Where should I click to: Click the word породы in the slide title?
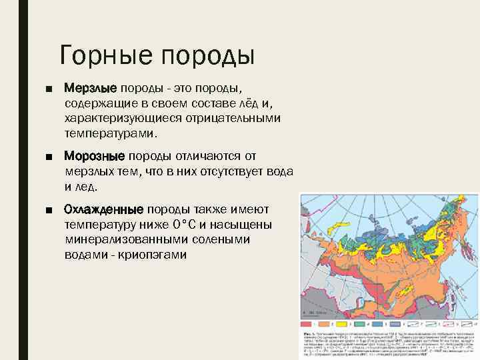(207, 55)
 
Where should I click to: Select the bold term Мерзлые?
(90, 88)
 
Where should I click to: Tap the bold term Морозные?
(94, 156)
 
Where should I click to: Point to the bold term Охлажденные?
(103, 208)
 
